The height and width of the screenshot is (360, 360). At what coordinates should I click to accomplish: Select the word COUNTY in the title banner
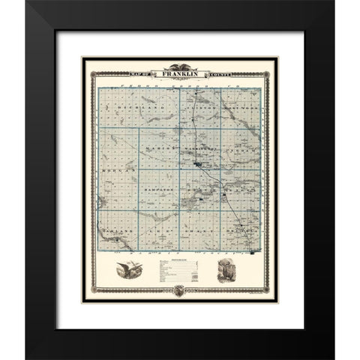[x=216, y=74]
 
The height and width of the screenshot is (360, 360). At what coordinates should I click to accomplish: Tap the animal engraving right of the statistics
[x=226, y=271]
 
